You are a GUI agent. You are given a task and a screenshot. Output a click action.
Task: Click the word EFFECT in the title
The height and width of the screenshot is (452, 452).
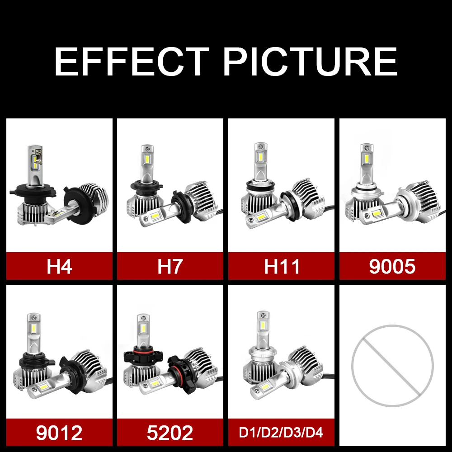132,61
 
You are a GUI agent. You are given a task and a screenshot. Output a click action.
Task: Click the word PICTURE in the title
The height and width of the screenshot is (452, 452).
310,61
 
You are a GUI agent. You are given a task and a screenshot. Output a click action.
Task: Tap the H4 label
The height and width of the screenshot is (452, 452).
59,266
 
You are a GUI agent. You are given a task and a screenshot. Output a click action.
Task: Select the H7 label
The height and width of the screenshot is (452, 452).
170,266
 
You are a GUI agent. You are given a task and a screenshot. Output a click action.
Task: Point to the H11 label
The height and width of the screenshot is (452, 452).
282,266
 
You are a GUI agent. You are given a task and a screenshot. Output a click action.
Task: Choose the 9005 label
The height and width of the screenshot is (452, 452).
392,267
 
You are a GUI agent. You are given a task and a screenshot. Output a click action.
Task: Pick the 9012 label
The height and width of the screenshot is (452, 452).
59,433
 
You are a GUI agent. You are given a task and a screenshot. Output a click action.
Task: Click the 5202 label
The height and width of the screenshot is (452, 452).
170,433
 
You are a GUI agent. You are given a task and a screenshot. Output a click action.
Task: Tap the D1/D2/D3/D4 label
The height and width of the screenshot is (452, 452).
281,433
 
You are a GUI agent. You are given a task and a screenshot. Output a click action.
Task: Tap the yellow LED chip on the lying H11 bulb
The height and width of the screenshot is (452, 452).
261,217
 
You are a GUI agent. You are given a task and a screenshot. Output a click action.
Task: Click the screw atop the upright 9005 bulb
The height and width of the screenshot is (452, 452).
367,148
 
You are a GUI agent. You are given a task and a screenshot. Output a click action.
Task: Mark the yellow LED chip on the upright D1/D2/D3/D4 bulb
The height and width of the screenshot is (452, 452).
263,326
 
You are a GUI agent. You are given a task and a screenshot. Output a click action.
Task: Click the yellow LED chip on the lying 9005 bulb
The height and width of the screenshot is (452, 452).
376,214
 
